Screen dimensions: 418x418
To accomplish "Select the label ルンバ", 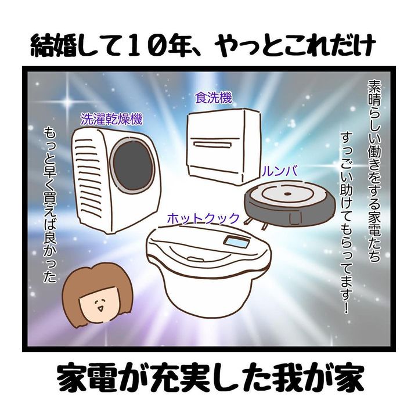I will [x=280, y=172].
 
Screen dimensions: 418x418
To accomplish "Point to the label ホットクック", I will [x=203, y=218].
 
